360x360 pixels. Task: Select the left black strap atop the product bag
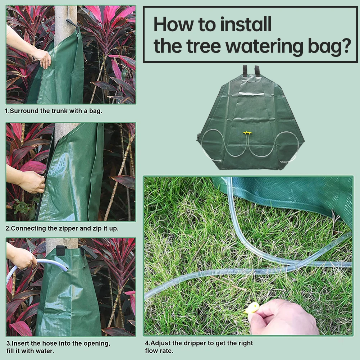click(x=245, y=70)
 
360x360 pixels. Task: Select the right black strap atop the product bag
click(x=257, y=70)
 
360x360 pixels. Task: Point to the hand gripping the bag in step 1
click(x=42, y=58)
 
